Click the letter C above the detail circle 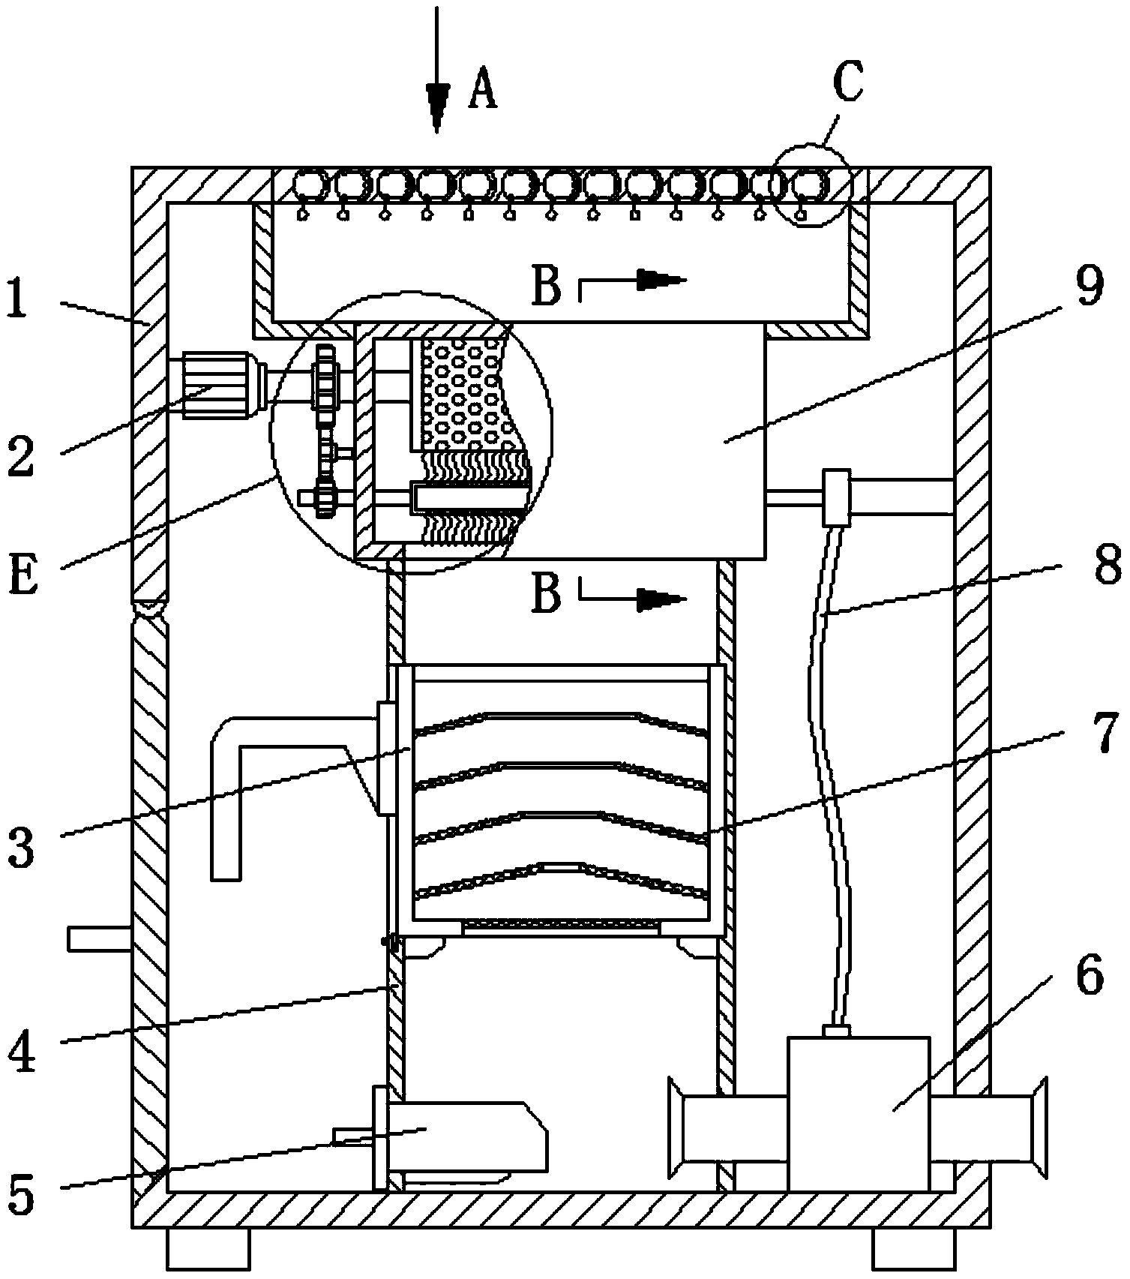847,83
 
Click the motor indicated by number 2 215,386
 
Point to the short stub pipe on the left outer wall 100,938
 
